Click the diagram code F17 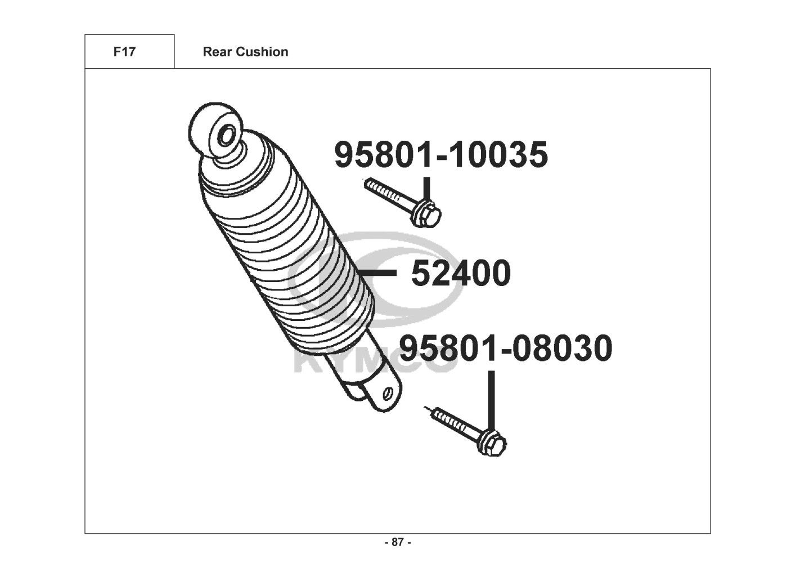[124, 52]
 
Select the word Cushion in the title [262, 52]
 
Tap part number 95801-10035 [441, 154]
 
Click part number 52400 [461, 273]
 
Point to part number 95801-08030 [506, 348]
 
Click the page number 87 [398, 542]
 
